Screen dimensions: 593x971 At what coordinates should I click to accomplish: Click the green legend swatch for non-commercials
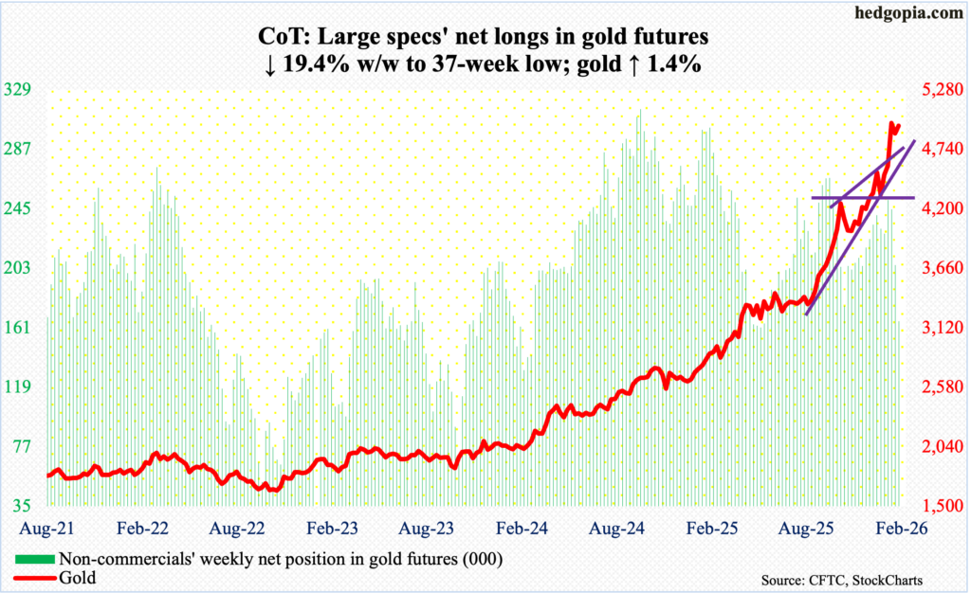(37, 559)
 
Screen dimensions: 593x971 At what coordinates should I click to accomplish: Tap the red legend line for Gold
(37, 576)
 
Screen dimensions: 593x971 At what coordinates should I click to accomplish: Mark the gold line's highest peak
(891, 123)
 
